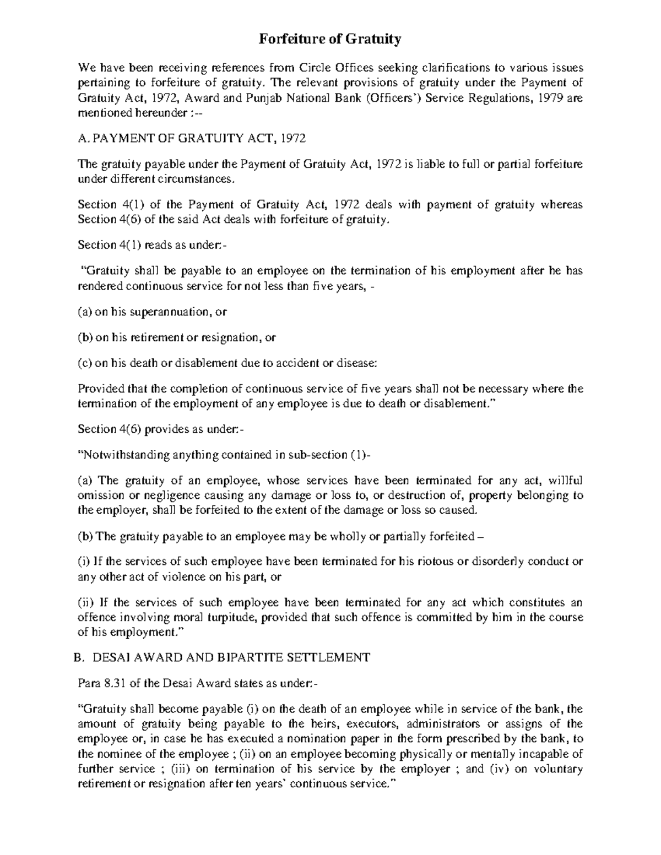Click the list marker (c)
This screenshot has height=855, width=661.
coord(84,363)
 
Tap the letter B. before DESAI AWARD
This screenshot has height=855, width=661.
coord(78,657)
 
